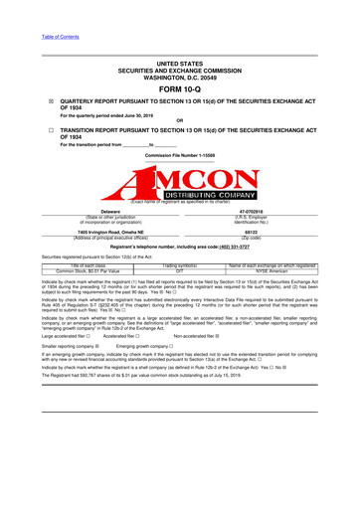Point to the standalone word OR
click(179, 122)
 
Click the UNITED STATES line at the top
click(179, 62)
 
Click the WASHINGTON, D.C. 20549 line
click(179, 75)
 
